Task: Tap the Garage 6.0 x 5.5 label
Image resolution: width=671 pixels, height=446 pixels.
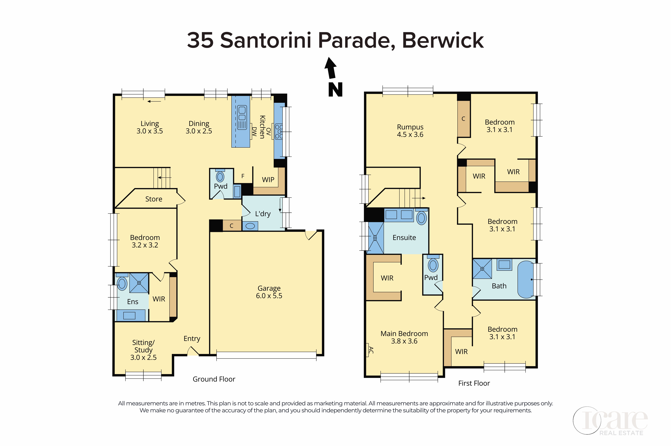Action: (269, 292)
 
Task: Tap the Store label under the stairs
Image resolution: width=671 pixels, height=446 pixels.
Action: (154, 199)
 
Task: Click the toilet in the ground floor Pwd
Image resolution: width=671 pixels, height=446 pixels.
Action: (220, 176)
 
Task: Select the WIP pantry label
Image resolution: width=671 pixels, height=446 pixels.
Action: (268, 180)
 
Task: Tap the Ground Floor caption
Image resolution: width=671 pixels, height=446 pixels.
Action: (214, 379)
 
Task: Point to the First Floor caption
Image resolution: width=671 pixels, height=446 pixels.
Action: (474, 383)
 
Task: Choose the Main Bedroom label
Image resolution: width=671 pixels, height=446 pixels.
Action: (404, 334)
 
